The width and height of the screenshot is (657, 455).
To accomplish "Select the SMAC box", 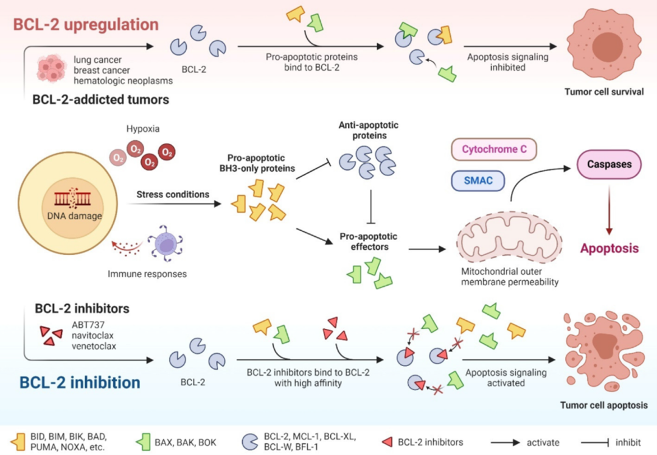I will pyautogui.click(x=479, y=180).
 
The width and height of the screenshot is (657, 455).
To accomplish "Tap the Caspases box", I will pyautogui.click(x=609, y=164).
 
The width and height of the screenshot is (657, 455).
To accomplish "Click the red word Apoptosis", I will pyautogui.click(x=609, y=248).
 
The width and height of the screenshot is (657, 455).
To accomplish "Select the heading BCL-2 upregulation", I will pyautogui.click(x=86, y=25).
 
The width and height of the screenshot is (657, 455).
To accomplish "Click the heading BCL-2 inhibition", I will pyautogui.click(x=80, y=383).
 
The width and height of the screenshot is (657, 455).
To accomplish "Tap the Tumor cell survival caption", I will pyautogui.click(x=603, y=93).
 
